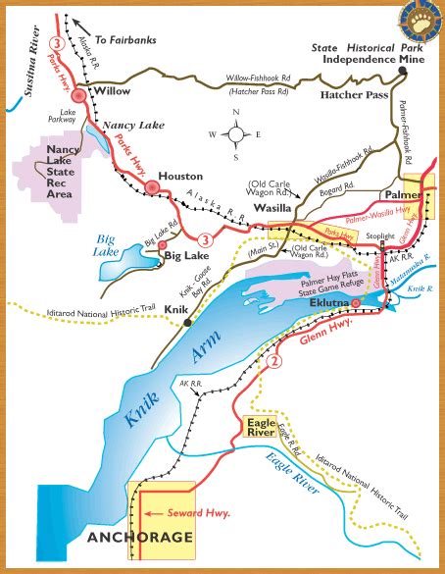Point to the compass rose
(236, 135)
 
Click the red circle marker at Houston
(151, 185)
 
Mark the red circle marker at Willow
(77, 95)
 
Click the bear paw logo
(420, 21)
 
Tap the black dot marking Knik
(188, 321)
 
